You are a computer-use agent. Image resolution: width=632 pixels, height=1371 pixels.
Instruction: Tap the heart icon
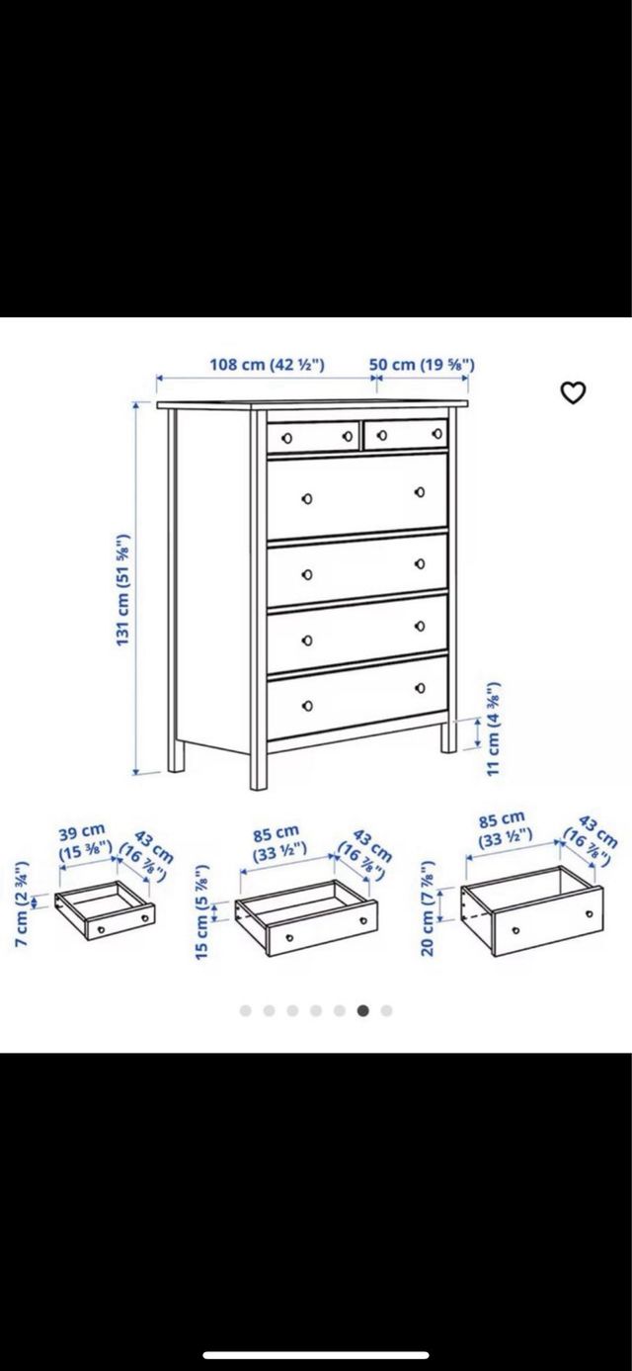tap(573, 392)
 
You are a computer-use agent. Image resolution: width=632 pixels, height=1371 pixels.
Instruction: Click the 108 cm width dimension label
tap(267, 364)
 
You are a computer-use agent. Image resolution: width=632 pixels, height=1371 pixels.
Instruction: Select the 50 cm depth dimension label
tap(422, 364)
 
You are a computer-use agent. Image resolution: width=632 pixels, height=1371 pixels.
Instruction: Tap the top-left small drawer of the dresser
tap(311, 435)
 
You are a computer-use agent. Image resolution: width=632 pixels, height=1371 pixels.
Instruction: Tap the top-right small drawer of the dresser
tap(405, 433)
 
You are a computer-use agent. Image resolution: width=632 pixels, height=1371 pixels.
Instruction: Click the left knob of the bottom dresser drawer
tap(307, 705)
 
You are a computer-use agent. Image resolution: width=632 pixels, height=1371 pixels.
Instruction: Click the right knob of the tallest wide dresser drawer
tap(419, 491)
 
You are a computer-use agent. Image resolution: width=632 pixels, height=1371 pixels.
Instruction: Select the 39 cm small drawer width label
tap(82, 841)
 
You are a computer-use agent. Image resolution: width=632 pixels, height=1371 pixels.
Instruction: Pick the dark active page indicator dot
tap(363, 1010)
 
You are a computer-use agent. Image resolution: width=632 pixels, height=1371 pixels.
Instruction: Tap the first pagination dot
tap(245, 1010)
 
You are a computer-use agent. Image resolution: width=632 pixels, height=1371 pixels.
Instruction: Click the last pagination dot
tap(387, 1010)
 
